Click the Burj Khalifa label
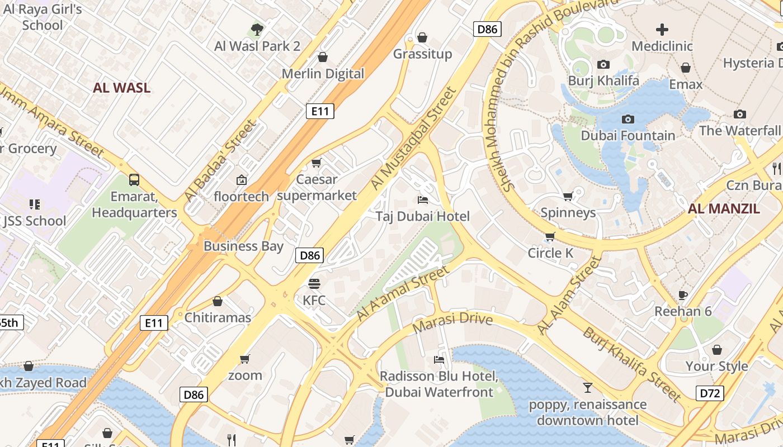coord(603,80)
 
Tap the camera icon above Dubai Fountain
coord(628,119)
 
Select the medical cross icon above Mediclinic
coord(662,30)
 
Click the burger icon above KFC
coord(314,284)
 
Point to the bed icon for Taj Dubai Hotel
coord(423,200)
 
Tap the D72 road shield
coord(710,393)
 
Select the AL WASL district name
coord(121,88)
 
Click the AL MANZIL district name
coord(724,209)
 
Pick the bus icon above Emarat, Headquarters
coord(134,180)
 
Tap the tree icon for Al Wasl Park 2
coord(257,29)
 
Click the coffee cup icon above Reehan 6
coord(682,295)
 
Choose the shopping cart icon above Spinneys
coord(568,196)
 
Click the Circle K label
coord(550,253)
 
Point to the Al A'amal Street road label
coord(402,294)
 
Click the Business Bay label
coord(243,246)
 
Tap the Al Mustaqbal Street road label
coord(413,138)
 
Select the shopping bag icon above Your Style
coord(716,350)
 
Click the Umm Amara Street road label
coord(53,124)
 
